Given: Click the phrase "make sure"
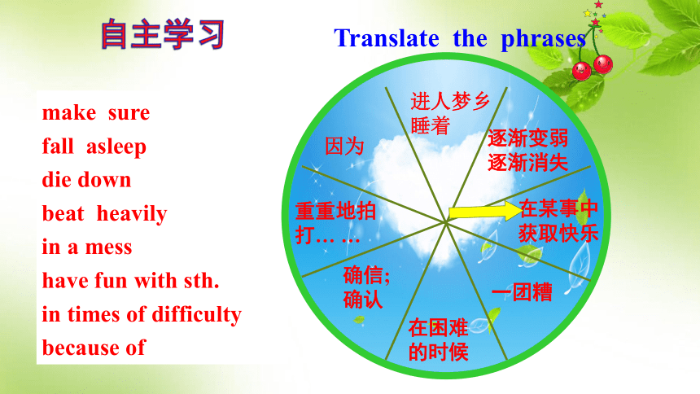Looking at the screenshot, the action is pyautogui.click(x=96, y=113).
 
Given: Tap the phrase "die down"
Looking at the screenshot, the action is pyautogui.click(x=86, y=180).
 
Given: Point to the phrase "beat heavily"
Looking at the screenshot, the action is pyautogui.click(x=104, y=214).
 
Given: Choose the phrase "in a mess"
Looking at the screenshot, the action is pyautogui.click(x=87, y=247).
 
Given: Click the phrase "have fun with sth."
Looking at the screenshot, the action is pyautogui.click(x=131, y=281).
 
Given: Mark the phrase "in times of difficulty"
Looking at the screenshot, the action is pyautogui.click(x=142, y=314).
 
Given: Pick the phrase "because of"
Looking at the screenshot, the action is pyautogui.click(x=94, y=348).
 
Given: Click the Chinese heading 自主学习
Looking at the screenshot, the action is pyautogui.click(x=163, y=34).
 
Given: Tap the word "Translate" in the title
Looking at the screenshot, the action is pyautogui.click(x=387, y=38).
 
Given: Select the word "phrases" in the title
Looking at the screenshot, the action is pyautogui.click(x=543, y=39).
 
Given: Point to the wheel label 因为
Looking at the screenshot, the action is pyautogui.click(x=344, y=146).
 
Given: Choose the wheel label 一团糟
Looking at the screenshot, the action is pyautogui.click(x=522, y=292).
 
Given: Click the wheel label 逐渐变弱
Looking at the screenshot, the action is pyautogui.click(x=527, y=138).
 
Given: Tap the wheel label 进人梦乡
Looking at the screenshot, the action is pyautogui.click(x=450, y=102).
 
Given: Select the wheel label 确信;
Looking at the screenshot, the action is pyautogui.click(x=366, y=275).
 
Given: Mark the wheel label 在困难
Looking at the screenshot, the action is pyautogui.click(x=439, y=328).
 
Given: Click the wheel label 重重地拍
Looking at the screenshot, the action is pyautogui.click(x=335, y=211).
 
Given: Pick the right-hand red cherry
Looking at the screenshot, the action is pyautogui.click(x=603, y=63).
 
